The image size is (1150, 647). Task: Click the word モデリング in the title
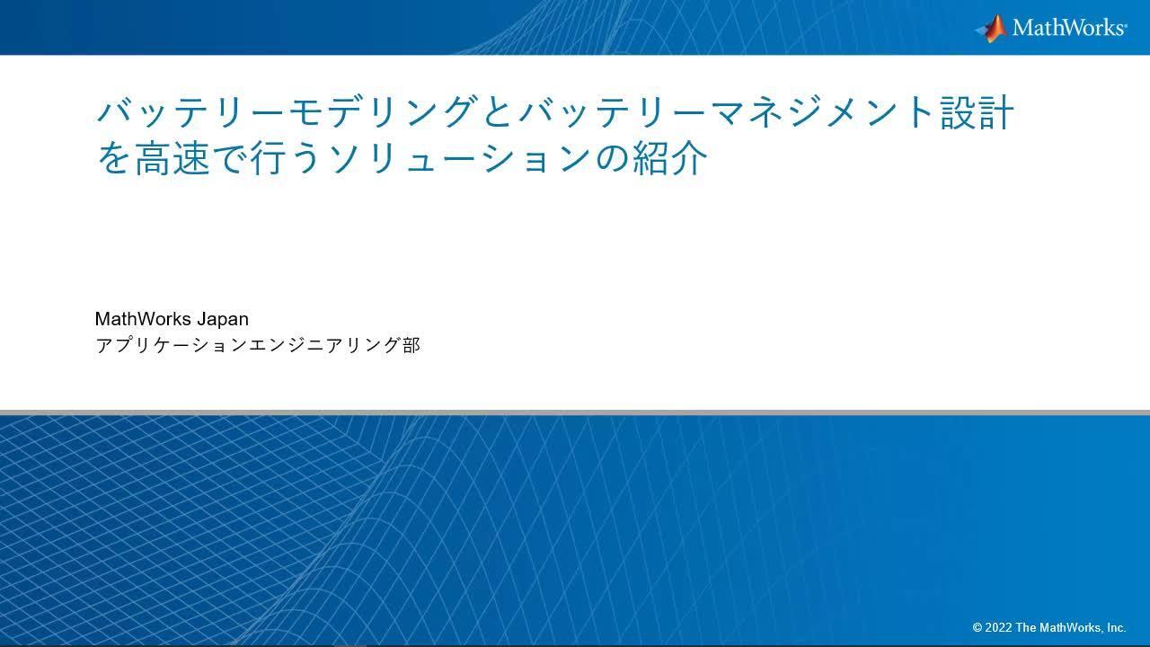382,113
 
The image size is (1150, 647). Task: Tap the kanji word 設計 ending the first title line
977,113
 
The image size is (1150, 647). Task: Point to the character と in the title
498,113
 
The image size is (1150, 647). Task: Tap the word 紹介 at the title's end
670,158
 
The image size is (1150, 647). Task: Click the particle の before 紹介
611,159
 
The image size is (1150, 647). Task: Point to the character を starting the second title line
114,158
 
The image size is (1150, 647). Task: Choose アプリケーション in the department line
171,345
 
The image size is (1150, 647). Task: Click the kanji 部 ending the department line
411,345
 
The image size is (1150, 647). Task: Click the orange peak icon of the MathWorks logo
992,28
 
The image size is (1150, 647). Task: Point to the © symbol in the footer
977,628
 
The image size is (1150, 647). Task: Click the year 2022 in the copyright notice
997,628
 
